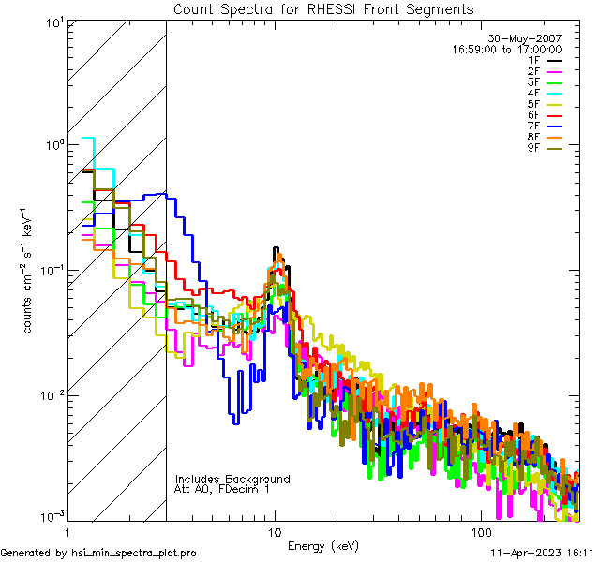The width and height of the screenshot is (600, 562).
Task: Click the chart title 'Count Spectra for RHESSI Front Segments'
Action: tap(323, 8)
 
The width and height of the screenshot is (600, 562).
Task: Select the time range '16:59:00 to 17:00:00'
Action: tap(506, 49)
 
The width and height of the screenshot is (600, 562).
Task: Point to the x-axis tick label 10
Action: tap(274, 531)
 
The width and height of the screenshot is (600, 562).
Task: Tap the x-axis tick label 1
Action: tap(67, 531)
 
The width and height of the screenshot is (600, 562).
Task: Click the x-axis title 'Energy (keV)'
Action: tap(323, 545)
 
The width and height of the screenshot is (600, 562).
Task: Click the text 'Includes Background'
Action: tap(232, 479)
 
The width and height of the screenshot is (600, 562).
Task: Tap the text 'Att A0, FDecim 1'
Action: tap(221, 489)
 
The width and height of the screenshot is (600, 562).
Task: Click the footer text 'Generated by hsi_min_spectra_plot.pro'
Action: tap(98, 553)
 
